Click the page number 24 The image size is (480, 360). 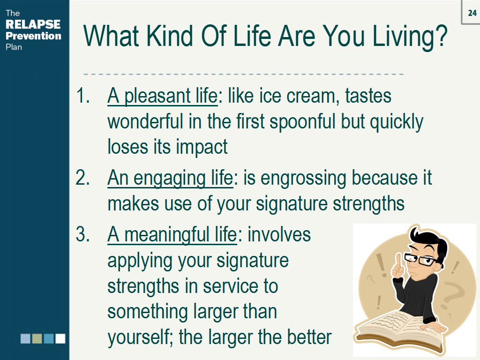(472, 13)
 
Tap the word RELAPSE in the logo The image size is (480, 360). (33, 24)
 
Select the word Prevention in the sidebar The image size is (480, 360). (33, 36)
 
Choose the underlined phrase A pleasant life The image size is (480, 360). (162, 97)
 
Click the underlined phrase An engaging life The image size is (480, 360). (170, 179)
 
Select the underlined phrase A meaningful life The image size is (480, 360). (172, 235)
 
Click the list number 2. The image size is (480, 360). (82, 179)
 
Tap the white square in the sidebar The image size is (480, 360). (60, 338)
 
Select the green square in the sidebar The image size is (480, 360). (37, 338)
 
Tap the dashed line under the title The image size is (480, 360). (244, 74)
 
